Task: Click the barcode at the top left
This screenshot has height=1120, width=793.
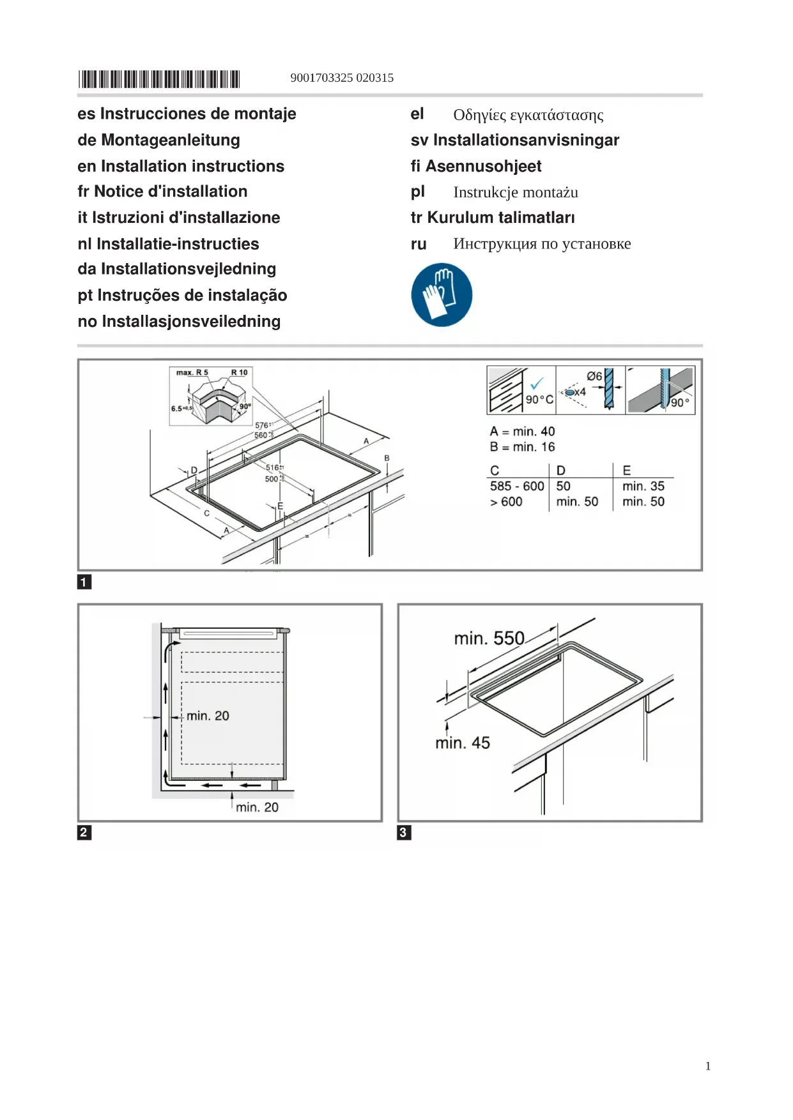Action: click(158, 79)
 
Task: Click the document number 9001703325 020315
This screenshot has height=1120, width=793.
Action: click(342, 78)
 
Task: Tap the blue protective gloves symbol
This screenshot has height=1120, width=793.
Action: click(442, 295)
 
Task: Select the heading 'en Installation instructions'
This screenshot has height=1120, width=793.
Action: click(181, 166)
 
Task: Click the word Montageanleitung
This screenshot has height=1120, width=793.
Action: click(171, 140)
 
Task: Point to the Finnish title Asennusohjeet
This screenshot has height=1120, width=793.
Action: click(483, 166)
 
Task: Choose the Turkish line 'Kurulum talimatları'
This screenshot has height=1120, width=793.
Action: click(500, 218)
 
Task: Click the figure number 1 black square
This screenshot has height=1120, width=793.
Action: click(84, 582)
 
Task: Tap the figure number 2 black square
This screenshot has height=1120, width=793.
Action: click(84, 832)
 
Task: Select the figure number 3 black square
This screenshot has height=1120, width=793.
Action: click(403, 832)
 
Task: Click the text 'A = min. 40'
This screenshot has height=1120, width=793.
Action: click(522, 432)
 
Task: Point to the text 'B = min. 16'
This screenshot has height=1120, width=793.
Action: click(522, 447)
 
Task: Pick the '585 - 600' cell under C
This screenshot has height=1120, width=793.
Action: click(517, 487)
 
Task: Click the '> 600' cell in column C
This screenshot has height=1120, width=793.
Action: click(506, 502)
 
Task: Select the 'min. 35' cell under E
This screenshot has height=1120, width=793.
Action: click(643, 487)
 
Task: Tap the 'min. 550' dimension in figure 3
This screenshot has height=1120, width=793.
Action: click(489, 639)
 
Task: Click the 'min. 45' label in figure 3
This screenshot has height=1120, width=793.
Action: click(463, 743)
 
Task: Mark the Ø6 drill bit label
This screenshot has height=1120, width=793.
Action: click(594, 376)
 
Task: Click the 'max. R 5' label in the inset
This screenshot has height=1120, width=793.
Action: click(192, 372)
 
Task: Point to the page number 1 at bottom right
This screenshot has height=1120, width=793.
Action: click(708, 1066)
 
